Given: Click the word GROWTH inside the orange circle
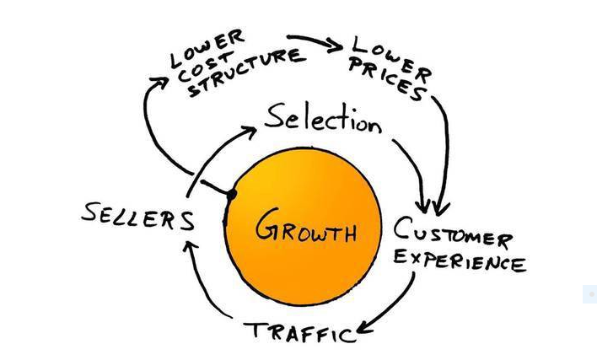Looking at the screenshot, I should [x=306, y=227].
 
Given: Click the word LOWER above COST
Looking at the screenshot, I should [x=207, y=46].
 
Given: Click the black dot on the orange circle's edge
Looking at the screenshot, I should [x=230, y=194].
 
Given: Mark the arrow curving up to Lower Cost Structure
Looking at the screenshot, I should [x=148, y=118].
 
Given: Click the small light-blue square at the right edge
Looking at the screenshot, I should [x=589, y=294].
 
